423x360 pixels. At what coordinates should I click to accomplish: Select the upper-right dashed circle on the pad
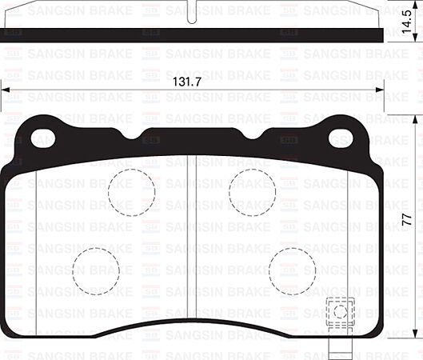252,192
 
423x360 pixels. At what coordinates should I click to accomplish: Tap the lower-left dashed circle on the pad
95,270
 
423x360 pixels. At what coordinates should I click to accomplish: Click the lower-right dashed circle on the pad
292,270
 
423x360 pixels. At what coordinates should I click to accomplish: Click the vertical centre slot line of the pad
186,240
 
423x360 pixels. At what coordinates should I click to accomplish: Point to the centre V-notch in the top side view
193,17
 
